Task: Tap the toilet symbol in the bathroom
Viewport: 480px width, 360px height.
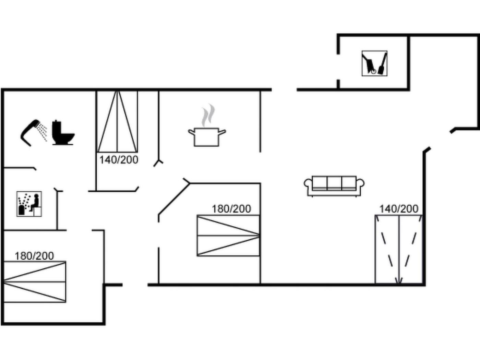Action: (63, 133)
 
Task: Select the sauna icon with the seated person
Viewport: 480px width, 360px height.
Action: (29, 204)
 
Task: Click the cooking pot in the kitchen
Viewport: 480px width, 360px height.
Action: (206, 137)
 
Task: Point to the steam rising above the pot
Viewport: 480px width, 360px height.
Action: (208, 116)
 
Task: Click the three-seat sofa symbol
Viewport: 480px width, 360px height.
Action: (334, 186)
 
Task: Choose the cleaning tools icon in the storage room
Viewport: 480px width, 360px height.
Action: (374, 63)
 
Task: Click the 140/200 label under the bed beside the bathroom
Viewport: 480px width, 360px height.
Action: (119, 160)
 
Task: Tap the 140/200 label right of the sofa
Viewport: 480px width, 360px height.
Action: (399, 208)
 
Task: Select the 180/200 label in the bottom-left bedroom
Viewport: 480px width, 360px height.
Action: (34, 256)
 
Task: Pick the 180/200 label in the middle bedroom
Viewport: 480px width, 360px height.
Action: (231, 208)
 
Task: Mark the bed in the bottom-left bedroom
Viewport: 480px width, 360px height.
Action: (34, 282)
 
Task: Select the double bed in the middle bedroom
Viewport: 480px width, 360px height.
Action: (228, 236)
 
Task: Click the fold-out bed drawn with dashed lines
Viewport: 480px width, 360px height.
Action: (399, 249)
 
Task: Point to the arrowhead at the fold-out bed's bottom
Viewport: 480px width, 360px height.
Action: (398, 281)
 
